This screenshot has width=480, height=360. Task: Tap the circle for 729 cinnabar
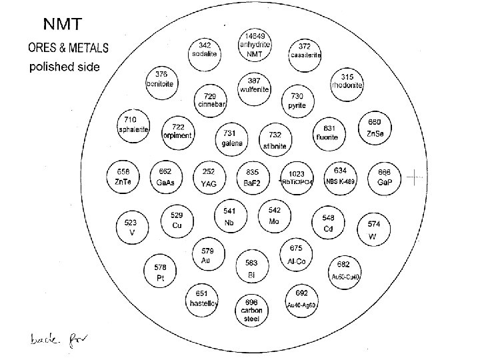pyautogui.click(x=210, y=101)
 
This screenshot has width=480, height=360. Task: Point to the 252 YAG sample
pyautogui.click(x=209, y=177)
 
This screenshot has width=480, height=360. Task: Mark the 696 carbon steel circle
pyautogui.click(x=251, y=308)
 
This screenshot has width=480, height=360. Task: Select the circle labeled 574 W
pyautogui.click(x=373, y=229)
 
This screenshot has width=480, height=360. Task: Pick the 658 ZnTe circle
pyautogui.click(x=123, y=177)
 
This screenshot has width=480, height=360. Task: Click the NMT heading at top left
pyautogui.click(x=63, y=25)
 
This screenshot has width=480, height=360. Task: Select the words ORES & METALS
pyautogui.click(x=69, y=49)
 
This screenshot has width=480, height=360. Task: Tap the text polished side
pyautogui.click(x=63, y=67)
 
